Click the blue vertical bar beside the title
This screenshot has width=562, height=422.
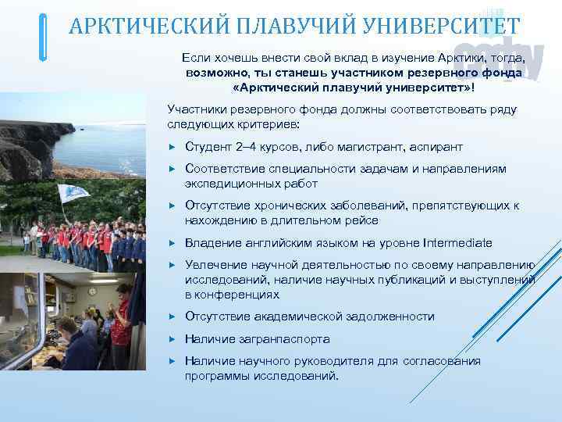point(43,37)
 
